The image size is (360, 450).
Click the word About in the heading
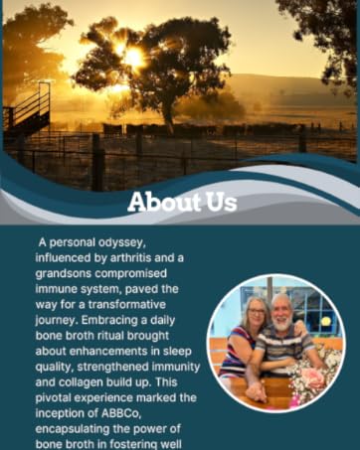click(x=163, y=203)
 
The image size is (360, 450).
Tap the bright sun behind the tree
click(x=132, y=59)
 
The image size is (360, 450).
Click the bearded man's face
click(x=281, y=310)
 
